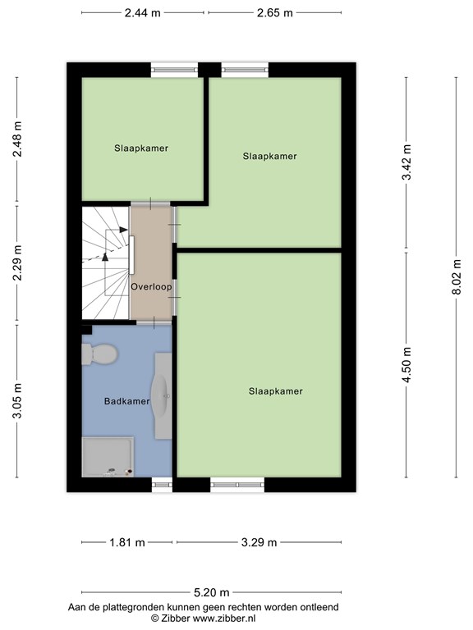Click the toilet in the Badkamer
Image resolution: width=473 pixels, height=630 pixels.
[99, 354]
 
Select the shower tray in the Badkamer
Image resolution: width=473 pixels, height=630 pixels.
[108, 456]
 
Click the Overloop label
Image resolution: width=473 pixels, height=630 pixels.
[151, 287]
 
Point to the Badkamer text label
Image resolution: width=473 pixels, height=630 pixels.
[127, 401]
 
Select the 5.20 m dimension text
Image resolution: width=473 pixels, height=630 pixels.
[211, 592]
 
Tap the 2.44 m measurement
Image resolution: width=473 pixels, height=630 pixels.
[142, 13]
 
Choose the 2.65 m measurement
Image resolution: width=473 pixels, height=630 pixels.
[275, 13]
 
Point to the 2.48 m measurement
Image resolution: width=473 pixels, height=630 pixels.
[17, 139]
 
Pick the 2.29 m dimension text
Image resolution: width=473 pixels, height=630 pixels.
[17, 263]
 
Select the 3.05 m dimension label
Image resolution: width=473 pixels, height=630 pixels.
[17, 401]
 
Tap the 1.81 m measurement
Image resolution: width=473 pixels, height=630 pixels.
[127, 542]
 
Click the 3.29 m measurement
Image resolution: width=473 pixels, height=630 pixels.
[259, 542]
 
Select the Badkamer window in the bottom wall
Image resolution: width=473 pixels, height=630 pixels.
[161, 485]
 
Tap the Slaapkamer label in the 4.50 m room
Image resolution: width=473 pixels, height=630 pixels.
[275, 391]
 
